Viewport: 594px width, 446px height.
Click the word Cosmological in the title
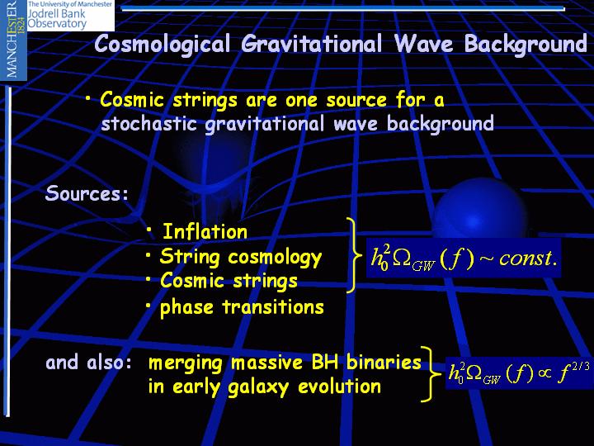pyautogui.click(x=163, y=44)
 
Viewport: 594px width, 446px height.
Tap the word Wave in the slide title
pyautogui.click(x=423, y=43)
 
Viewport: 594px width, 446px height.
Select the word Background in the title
pyautogui.click(x=526, y=45)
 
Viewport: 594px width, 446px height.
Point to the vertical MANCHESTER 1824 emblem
pyautogui.click(x=14, y=40)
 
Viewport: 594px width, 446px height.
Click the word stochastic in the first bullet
pyautogui.click(x=148, y=124)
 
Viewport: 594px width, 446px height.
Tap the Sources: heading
pyautogui.click(x=87, y=193)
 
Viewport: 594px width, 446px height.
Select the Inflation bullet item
pyautogui.click(x=205, y=232)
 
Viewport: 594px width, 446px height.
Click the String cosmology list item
pyautogui.click(x=241, y=258)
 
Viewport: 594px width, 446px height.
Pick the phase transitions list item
pyautogui.click(x=242, y=307)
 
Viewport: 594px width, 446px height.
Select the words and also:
pyautogui.click(x=88, y=363)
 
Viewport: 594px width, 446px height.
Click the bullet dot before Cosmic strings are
pyautogui.click(x=88, y=98)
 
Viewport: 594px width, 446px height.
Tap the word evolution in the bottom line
pyautogui.click(x=339, y=387)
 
